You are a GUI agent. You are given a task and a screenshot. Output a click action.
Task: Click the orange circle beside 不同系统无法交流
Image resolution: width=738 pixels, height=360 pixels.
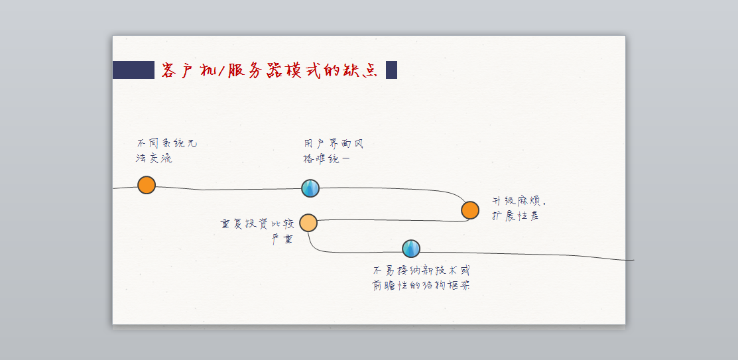pos(147,185)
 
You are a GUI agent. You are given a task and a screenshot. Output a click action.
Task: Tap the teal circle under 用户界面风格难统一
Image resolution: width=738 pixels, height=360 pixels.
pos(310,188)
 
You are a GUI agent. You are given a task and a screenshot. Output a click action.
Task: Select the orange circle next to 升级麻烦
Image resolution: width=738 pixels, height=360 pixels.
pos(470,210)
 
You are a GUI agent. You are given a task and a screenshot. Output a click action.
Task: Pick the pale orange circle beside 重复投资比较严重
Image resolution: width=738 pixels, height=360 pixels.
pos(308,223)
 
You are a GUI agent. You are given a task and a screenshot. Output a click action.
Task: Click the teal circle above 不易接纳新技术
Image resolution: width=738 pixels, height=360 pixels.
pos(411,249)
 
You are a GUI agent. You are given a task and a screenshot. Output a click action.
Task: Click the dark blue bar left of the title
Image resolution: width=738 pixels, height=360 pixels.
pos(133,70)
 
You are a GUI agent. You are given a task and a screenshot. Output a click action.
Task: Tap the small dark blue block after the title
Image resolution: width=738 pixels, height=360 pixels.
pos(391,70)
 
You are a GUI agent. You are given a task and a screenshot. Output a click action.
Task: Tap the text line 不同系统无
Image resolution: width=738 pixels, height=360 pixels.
pos(166,143)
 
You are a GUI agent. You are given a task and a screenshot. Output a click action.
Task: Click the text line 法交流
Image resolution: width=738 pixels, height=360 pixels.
pos(154,158)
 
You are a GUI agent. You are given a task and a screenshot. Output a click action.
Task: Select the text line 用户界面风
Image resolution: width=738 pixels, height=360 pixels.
pos(334,144)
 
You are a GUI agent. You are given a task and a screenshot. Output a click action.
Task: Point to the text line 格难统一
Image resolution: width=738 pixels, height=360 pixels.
pos(327,159)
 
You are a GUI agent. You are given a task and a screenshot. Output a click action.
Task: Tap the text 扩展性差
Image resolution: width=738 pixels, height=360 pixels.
pos(515,216)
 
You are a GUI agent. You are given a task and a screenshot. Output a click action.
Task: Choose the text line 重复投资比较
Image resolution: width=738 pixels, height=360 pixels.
pos(257,224)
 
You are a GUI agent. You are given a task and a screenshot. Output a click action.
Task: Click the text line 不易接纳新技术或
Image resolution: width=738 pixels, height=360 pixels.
pos(421,270)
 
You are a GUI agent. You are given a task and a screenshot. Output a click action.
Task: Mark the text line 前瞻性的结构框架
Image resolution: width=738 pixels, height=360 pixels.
pos(421,286)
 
